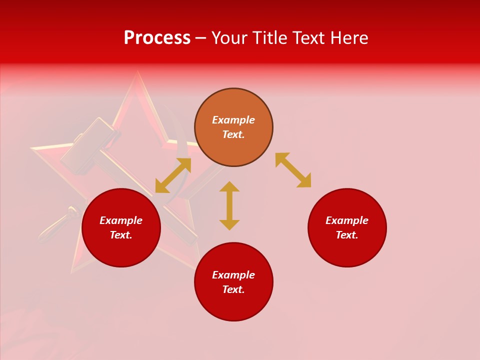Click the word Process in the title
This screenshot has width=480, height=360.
point(157,38)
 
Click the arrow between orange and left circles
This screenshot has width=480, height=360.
point(173,175)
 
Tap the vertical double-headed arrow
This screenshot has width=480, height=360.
point(229,205)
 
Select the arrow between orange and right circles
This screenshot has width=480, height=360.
point(293,170)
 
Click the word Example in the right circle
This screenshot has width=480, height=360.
point(347,220)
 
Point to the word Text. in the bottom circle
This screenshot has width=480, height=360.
point(233,289)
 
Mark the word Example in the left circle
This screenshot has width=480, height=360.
point(121,220)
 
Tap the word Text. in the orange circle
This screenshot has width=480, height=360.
point(233,134)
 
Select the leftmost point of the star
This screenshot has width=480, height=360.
point(32,148)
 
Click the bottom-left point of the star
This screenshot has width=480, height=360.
point(73,271)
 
